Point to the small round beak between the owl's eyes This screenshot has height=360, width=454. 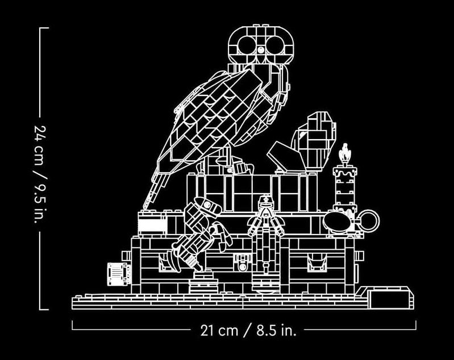261,50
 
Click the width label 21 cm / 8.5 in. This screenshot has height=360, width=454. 248,330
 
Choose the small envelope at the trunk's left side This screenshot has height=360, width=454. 117,274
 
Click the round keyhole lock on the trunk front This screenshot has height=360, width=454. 243,266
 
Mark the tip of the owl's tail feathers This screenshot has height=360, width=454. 145,207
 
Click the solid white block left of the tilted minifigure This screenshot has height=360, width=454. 152,226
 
